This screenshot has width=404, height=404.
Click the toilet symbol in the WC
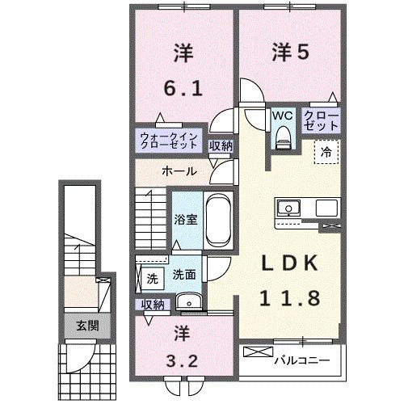coord(281,138)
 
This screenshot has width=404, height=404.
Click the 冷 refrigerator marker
coord(327,149)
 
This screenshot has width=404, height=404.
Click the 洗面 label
coord(183,274)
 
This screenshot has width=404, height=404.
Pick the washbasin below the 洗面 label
coord(191,304)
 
